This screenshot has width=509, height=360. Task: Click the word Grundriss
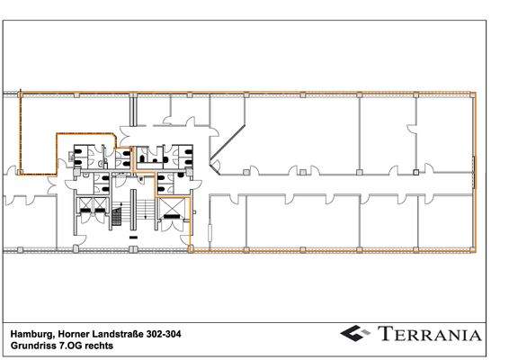33,345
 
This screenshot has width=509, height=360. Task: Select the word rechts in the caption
101,345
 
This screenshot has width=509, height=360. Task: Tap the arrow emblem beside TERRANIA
357,334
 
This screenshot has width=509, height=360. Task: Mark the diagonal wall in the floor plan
225,144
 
